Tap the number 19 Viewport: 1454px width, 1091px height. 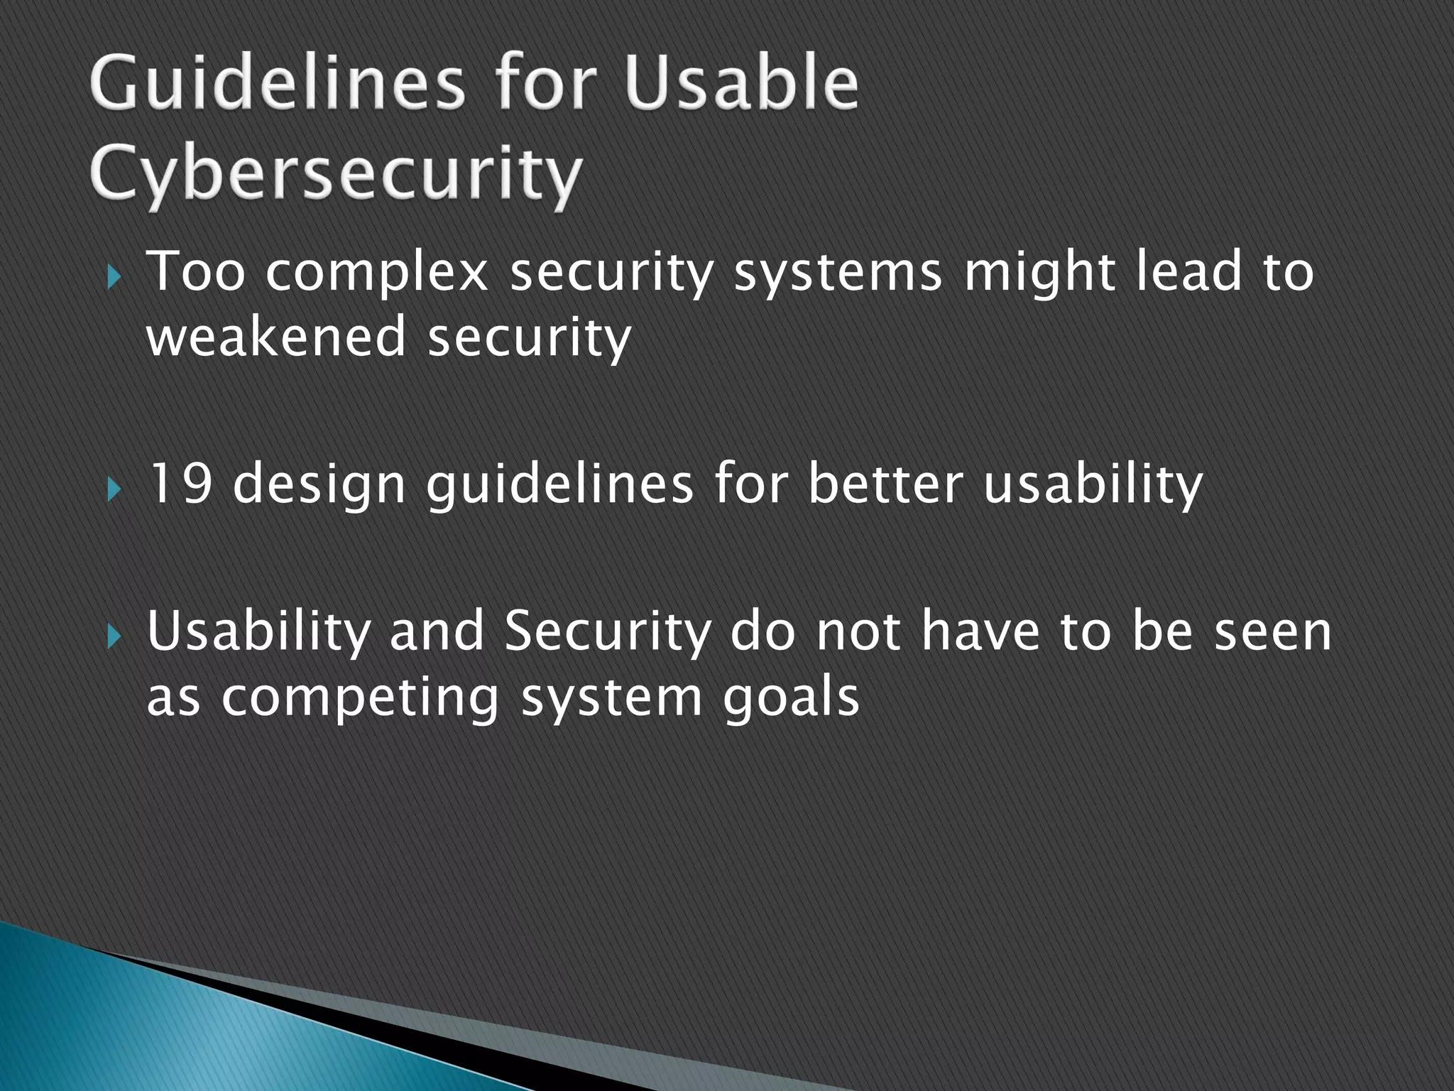[180, 484]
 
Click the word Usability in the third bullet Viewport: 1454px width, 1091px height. [258, 632]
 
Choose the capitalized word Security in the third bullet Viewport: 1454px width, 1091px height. [607, 632]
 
